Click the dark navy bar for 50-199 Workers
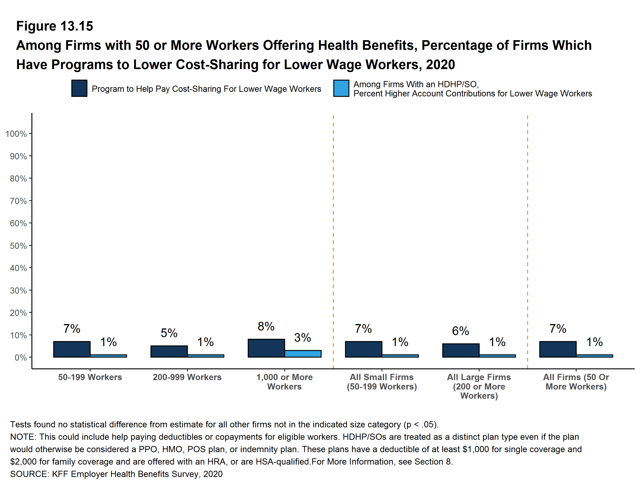(x=72, y=349)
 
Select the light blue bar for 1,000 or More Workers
(x=303, y=353)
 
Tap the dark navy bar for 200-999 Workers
(x=169, y=351)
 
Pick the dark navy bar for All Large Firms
(x=461, y=350)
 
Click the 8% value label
(x=266, y=327)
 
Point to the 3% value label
(x=302, y=338)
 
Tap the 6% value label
(x=460, y=331)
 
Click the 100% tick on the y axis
(x=16, y=134)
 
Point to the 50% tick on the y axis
(x=18, y=246)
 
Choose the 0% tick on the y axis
(x=21, y=358)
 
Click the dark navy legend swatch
(x=79, y=88)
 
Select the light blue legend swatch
(x=341, y=88)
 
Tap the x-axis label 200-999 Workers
(x=187, y=377)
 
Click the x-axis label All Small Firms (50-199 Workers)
(x=382, y=382)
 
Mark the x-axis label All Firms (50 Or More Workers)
(x=576, y=382)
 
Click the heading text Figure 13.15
(x=54, y=26)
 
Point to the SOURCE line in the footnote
(x=116, y=474)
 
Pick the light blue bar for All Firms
(x=594, y=356)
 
